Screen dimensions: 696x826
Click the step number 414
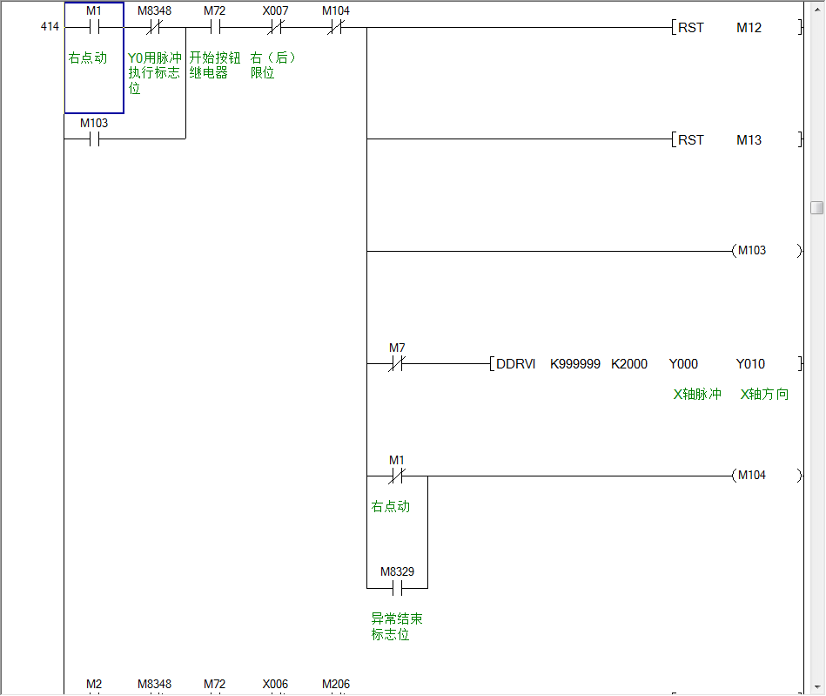50,27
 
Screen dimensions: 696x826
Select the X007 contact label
275,11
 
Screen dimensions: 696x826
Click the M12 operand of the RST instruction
749,28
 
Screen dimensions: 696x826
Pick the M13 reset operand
749,140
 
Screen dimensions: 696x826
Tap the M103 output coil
751,251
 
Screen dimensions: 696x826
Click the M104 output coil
751,476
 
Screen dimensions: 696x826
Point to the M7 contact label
397,348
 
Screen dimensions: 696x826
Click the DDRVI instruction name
516,364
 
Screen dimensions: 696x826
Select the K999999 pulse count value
574,364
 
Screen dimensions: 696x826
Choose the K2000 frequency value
629,364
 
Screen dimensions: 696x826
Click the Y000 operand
683,364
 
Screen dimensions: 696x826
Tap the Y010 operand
751,364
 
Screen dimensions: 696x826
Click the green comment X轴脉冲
697,395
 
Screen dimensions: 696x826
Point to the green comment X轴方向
764,395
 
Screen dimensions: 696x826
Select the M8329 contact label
397,572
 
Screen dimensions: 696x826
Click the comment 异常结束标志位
397,626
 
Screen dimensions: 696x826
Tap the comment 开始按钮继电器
215,65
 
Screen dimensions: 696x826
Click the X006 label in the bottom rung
275,685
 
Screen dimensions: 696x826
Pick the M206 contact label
336,685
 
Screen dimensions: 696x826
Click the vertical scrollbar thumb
816,207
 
